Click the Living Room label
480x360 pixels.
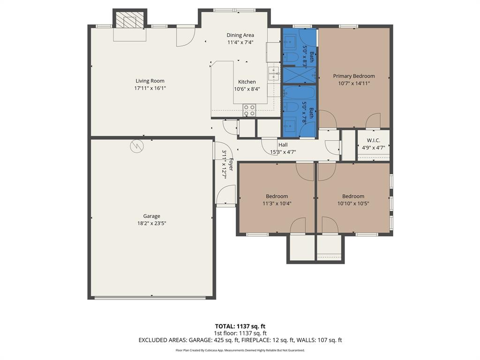point(150,81)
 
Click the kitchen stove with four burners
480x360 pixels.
point(249,110)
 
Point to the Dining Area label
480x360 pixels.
point(240,35)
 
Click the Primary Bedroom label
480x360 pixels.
point(354,76)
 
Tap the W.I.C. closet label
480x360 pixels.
point(373,140)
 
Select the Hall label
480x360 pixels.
point(283,145)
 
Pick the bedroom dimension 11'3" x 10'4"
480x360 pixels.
point(277,203)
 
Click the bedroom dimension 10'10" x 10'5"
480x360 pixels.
point(353,203)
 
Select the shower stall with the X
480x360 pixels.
point(299,75)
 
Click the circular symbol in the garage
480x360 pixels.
point(136,146)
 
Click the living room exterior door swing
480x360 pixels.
point(186,37)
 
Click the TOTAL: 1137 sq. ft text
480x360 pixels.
point(240,326)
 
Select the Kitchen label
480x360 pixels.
point(247,82)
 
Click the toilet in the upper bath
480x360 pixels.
point(291,57)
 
